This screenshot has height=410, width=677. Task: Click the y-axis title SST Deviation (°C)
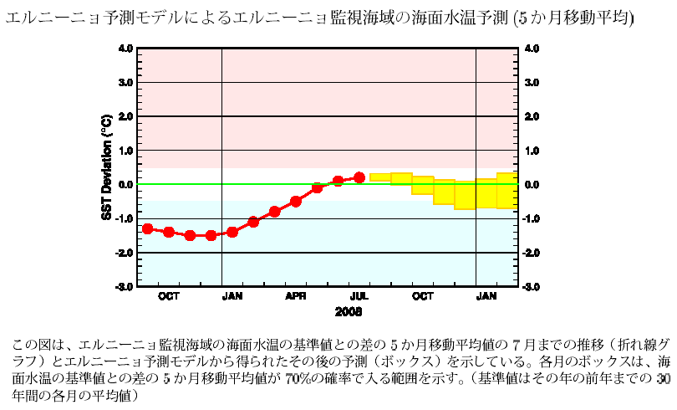click(106, 167)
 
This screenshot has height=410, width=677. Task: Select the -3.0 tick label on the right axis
click(531, 287)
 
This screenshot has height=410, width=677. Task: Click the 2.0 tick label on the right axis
click(532, 116)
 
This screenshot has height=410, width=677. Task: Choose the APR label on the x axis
click(296, 296)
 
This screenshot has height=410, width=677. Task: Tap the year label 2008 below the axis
click(349, 311)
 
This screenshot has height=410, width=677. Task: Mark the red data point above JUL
click(359, 177)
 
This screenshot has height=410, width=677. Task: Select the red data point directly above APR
click(296, 201)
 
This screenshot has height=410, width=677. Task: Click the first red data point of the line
click(148, 228)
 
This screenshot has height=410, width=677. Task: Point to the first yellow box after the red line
click(380, 177)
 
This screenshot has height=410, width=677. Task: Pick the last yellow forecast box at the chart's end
click(507, 191)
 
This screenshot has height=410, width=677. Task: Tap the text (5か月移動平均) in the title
click(569, 18)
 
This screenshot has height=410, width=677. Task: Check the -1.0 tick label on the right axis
click(531, 218)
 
